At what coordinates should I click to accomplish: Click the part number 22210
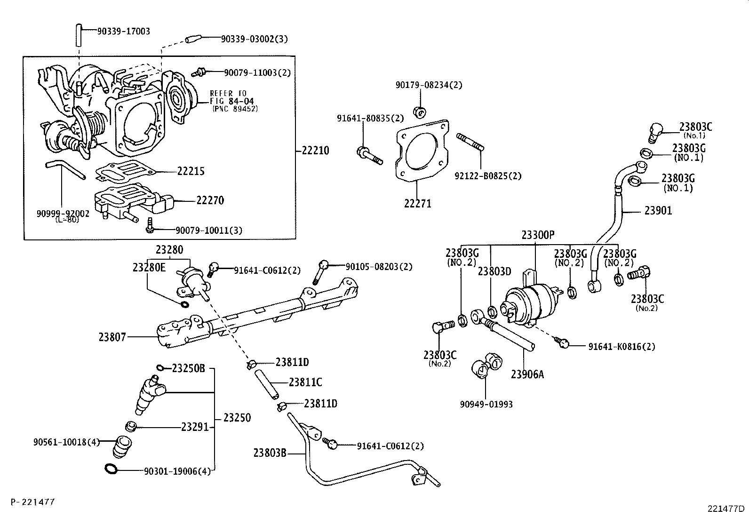(315, 151)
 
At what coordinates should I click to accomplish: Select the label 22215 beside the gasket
(191, 171)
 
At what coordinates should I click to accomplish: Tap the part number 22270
(210, 201)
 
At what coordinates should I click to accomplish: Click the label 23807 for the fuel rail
(112, 337)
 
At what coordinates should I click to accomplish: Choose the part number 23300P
(538, 235)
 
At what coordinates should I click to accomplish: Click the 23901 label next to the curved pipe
(658, 211)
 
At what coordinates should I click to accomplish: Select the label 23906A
(527, 374)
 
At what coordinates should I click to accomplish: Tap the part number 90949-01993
(486, 404)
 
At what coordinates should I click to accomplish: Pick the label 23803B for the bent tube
(270, 453)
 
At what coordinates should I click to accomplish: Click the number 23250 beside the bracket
(237, 418)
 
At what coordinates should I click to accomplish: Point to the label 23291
(194, 427)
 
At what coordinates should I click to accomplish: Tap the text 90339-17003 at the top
(123, 32)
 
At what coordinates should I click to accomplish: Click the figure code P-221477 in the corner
(32, 502)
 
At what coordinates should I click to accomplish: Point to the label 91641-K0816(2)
(621, 347)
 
